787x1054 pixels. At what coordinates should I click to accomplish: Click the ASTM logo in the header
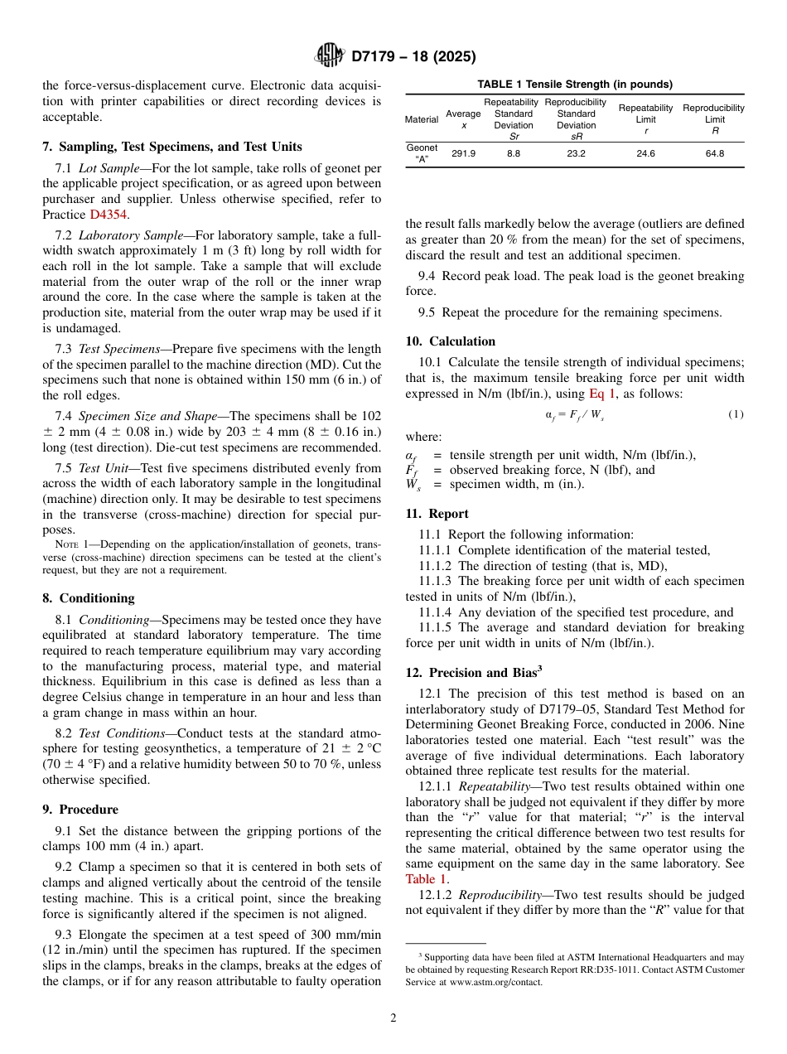pos(330,56)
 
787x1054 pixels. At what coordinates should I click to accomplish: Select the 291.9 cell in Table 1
pos(463,153)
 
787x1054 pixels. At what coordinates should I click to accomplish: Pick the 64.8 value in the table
pos(714,153)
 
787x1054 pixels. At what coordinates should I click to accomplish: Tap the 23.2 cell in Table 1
pos(576,153)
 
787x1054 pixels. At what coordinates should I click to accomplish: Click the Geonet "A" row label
pos(422,153)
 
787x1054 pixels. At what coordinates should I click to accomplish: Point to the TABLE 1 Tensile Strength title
pos(574,85)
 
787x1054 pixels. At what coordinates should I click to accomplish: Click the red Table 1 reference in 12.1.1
pos(427,879)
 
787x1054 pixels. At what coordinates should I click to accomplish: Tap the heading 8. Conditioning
pos(89,597)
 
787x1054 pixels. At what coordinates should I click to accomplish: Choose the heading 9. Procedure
pos(80,809)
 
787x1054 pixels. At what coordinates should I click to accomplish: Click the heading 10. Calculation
pos(450,341)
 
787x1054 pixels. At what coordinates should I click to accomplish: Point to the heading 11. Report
pos(437,513)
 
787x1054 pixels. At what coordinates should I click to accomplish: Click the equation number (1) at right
pos(735,413)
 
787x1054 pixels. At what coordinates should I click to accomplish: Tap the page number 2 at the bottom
pos(393,1018)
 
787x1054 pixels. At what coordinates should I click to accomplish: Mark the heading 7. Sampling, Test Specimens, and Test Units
pos(171,147)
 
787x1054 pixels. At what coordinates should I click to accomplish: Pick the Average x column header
pos(463,119)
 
